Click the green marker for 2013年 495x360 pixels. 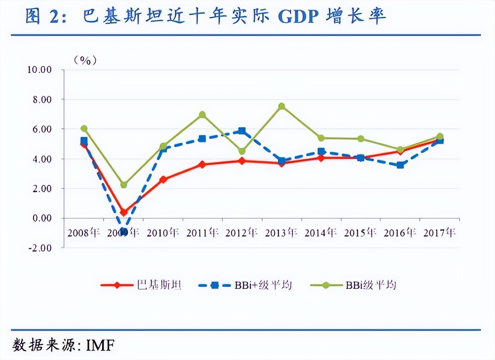282,106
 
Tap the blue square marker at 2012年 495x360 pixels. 242,131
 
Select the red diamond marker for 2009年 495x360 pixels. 124,212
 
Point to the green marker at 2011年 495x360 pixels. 202,114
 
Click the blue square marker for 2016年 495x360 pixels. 400,165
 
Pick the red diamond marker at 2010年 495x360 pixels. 163,180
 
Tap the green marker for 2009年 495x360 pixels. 124,185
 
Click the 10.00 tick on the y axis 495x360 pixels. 39,70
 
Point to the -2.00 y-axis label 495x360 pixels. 39,248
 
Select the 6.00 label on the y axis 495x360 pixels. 41,129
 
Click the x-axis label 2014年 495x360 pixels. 321,233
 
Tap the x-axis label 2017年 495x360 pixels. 439,233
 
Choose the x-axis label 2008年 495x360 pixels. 84,233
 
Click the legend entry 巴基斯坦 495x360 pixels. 159,285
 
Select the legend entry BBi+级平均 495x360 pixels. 263,285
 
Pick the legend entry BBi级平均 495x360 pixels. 370,285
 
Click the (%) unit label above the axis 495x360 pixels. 85,60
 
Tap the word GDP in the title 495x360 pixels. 298,16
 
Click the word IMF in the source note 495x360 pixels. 100,345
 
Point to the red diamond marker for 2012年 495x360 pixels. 242,161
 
